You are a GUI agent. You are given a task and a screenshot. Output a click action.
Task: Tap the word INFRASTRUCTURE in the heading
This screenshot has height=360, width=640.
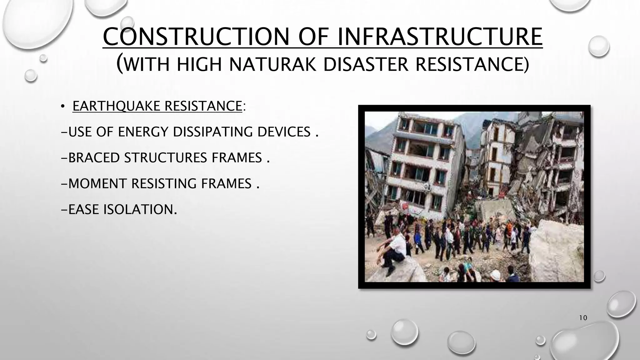click(x=440, y=37)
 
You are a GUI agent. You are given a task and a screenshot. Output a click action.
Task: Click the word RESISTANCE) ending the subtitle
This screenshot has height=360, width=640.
click(x=472, y=64)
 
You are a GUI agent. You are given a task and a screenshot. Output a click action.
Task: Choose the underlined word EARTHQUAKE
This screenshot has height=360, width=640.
click(x=116, y=106)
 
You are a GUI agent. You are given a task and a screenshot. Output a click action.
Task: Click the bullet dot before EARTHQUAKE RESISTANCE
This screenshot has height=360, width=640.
click(x=62, y=107)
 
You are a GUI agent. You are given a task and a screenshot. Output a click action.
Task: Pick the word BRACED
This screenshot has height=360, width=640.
click(x=94, y=158)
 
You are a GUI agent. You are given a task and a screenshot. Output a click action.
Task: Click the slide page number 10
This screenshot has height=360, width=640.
click(x=583, y=318)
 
